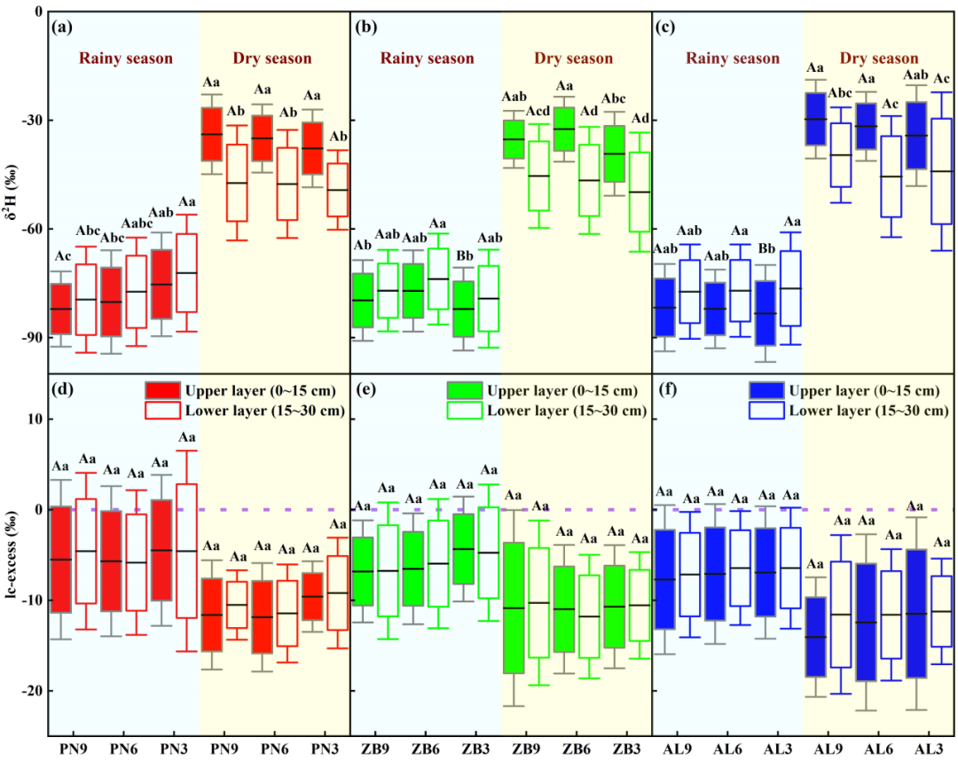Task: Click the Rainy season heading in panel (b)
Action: (x=428, y=59)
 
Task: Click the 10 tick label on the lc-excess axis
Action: (x=34, y=419)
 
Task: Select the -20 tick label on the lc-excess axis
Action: (x=30, y=690)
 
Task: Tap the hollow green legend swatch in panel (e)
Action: (x=464, y=409)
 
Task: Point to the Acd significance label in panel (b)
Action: (x=539, y=111)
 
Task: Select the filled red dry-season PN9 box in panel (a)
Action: (x=211, y=134)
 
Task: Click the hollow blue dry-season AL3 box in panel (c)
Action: (x=942, y=170)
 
